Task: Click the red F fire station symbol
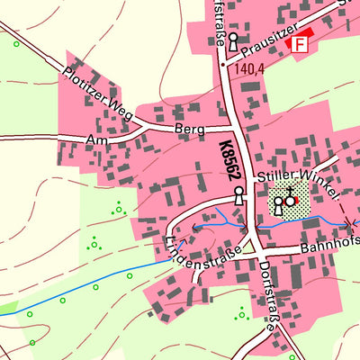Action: [x=298, y=43]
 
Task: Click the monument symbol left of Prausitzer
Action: [x=233, y=41]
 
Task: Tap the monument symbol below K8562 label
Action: [x=238, y=195]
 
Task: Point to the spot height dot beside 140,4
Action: [x=222, y=66]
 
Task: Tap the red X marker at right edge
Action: [x=350, y=221]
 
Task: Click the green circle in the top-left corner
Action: [x=16, y=43]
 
